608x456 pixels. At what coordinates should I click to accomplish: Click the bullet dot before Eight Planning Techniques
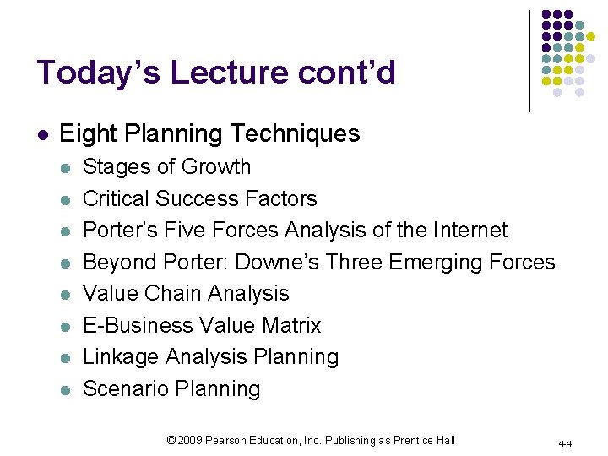click(x=43, y=134)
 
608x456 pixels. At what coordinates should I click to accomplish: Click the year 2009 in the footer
click(x=192, y=440)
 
